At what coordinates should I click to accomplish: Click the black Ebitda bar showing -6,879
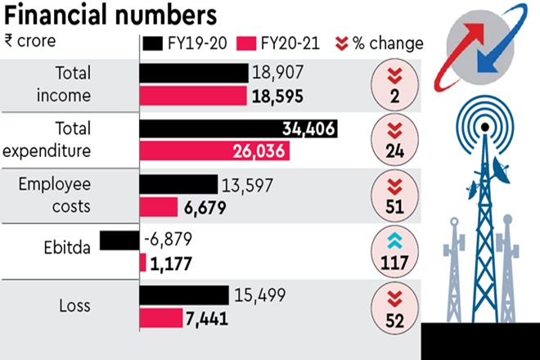119,241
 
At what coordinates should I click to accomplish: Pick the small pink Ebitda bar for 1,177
142,263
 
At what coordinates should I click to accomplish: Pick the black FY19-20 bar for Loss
184,295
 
